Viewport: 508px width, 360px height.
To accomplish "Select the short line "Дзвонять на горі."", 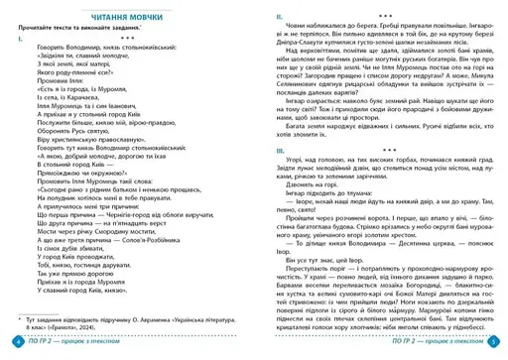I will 316,184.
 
